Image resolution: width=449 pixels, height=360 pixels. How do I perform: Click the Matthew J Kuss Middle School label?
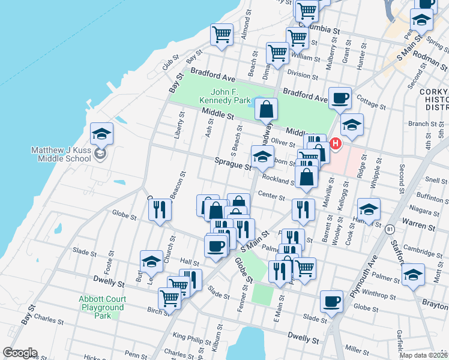coord(62,154)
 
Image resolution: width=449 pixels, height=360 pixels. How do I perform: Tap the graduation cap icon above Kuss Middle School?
coord(101,134)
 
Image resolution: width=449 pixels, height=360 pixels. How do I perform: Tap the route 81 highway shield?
coord(391,229)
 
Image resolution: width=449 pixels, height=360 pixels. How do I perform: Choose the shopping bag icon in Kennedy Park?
coord(266,110)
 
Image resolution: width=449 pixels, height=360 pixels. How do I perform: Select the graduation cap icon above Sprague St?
coord(262,157)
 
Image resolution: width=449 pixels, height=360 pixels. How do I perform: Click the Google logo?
coord(20,353)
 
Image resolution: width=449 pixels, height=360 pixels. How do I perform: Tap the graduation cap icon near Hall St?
coord(151,261)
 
